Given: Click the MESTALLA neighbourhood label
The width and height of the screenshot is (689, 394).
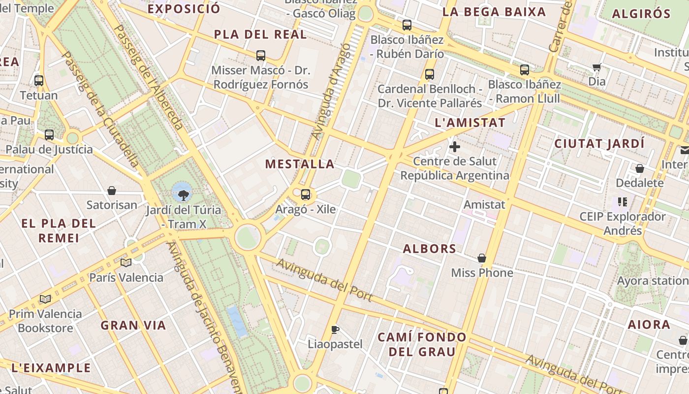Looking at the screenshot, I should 300,164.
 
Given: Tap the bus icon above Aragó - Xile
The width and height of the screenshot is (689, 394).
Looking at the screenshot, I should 306,195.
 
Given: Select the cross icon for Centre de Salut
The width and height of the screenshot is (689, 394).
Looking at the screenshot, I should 455,147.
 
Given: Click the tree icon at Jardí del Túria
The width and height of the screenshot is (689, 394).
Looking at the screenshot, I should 184,196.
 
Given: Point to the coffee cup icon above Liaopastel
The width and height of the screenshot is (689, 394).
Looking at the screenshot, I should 335,329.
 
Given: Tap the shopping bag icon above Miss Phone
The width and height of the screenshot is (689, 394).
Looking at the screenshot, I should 482,258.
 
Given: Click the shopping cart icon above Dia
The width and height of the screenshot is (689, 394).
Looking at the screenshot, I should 597,67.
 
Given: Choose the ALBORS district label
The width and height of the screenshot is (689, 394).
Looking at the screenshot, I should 430,249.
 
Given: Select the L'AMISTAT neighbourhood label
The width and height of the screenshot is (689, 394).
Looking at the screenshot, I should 470,123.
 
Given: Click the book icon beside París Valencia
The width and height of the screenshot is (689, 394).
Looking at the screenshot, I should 126,263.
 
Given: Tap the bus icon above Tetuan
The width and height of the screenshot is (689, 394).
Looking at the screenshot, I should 39,81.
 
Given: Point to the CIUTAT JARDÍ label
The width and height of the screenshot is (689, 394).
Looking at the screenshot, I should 599,144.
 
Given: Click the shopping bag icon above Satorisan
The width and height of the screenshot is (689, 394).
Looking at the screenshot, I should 112,191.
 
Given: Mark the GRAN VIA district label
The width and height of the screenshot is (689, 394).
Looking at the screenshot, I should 133,325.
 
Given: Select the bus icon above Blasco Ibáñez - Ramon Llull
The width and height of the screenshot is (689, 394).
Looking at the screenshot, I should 525,70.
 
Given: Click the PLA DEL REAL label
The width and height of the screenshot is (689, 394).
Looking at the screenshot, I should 260,34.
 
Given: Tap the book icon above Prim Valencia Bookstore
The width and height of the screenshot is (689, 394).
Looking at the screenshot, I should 45,299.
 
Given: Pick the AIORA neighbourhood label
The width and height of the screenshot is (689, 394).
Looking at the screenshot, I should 649,325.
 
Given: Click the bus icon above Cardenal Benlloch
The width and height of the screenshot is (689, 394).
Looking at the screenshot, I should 430,74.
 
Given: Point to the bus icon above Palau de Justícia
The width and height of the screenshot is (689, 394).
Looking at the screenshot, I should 49,135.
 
